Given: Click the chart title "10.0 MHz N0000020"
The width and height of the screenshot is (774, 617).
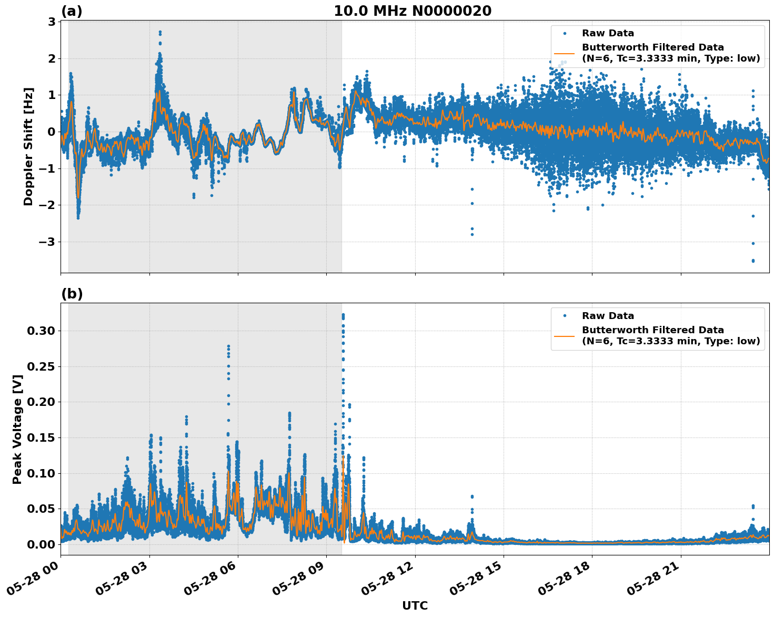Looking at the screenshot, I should click(x=413, y=11).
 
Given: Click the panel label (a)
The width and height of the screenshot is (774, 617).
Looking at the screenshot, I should click(x=72, y=11).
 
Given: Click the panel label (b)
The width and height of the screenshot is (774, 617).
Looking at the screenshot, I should click(x=72, y=294).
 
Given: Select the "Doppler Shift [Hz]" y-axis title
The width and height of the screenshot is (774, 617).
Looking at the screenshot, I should click(x=28, y=146).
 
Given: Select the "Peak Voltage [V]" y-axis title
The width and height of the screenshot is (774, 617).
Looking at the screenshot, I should click(x=17, y=429).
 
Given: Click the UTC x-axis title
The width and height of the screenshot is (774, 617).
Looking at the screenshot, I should click(x=415, y=605).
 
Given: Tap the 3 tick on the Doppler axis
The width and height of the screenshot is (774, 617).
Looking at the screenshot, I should click(x=52, y=22).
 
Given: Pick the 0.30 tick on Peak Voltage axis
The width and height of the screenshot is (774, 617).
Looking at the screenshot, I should click(x=41, y=331).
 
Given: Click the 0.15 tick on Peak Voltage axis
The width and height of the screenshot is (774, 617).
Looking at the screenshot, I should click(x=41, y=438).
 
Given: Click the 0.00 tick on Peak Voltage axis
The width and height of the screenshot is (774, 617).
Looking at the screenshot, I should click(x=41, y=544).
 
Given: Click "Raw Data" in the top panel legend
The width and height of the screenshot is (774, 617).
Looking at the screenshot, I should click(x=608, y=33).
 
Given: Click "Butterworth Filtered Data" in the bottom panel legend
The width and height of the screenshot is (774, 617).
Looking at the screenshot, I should click(x=652, y=330).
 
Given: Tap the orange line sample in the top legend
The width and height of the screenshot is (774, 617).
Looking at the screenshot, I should click(x=564, y=53).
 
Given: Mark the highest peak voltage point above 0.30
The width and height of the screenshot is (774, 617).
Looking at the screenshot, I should click(x=343, y=315).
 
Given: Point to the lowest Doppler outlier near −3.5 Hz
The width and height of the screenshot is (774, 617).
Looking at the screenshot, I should click(x=753, y=261).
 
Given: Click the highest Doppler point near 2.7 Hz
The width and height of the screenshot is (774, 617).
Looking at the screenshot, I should click(x=160, y=32).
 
